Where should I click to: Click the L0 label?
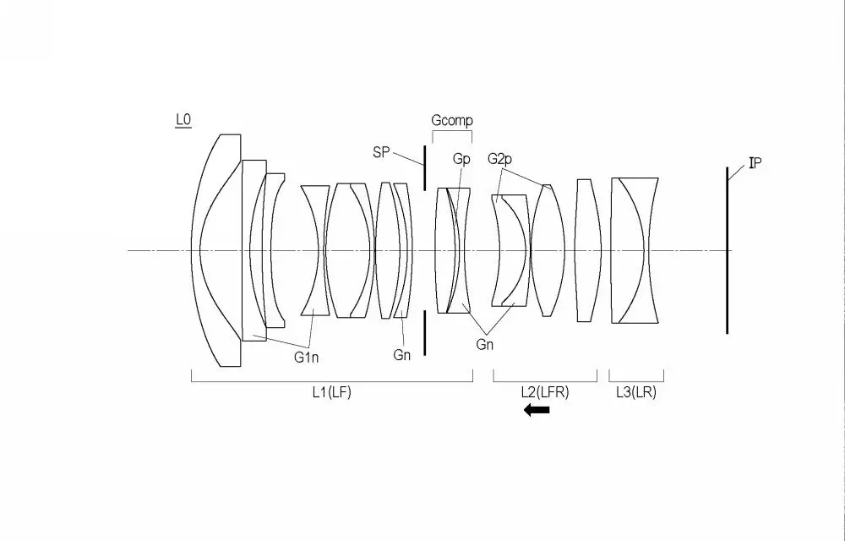tap(183, 120)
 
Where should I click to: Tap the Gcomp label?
tap(451, 120)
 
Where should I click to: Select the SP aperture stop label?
tap(381, 152)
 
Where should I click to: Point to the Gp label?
tap(461, 159)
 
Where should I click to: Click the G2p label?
tap(499, 159)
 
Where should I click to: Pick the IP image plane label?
tap(755, 163)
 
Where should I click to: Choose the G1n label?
tap(306, 357)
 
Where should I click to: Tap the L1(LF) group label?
tap(332, 392)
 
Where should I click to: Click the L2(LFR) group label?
tap(545, 392)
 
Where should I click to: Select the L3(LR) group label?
tap(636, 392)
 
